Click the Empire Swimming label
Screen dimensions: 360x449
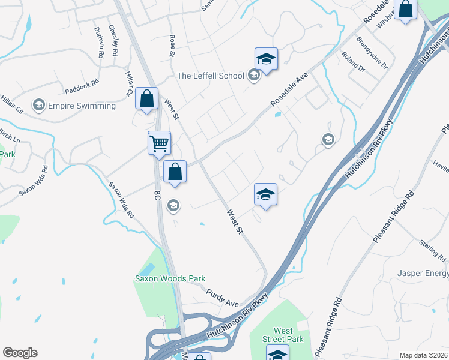pyautogui.click(x=82, y=106)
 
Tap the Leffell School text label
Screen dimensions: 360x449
pyautogui.click(x=211, y=76)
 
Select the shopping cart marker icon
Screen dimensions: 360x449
pyautogui.click(x=159, y=143)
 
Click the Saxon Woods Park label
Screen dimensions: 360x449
pyautogui.click(x=170, y=278)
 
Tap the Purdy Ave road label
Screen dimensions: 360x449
pyautogui.click(x=223, y=298)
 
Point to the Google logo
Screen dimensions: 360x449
pyautogui.click(x=20, y=353)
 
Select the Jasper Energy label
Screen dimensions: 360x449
pyautogui.click(x=423, y=274)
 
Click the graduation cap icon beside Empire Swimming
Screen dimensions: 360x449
pyautogui.click(x=39, y=106)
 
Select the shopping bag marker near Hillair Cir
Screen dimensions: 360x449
pyautogui.click(x=146, y=100)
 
